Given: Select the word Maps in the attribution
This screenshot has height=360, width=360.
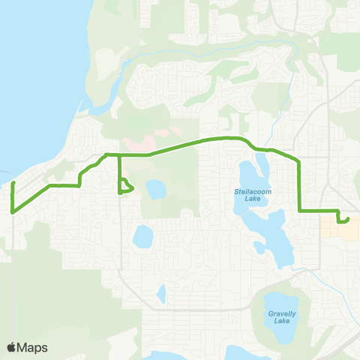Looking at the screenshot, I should click(x=33, y=347).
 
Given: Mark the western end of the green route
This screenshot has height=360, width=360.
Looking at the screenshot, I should click(x=13, y=183).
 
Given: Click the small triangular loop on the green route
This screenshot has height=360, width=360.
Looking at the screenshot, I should click(x=126, y=187).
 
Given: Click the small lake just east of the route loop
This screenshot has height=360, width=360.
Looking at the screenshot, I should click(x=155, y=189).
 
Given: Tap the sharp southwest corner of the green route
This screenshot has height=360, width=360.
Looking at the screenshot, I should click(x=13, y=211).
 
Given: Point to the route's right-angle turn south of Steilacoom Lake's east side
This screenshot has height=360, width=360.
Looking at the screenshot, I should click(x=300, y=211).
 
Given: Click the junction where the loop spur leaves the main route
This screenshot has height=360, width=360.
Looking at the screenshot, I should click(x=119, y=155).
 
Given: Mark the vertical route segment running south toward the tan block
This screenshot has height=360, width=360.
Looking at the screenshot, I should click(x=300, y=187).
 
